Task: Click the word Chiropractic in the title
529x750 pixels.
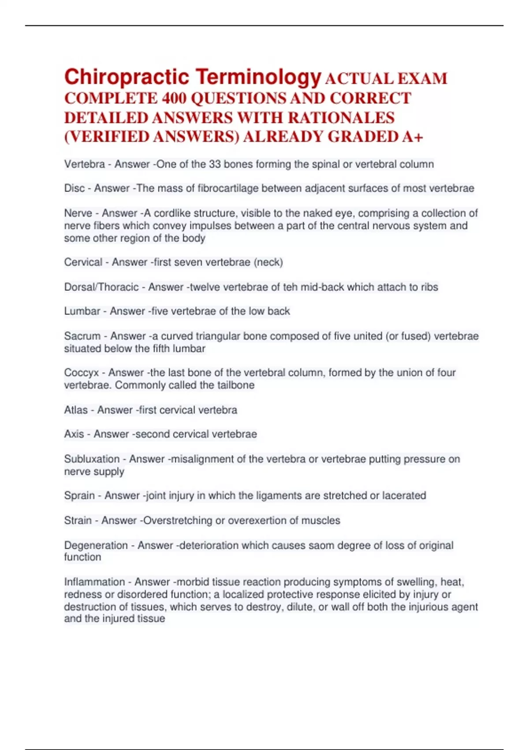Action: (127, 77)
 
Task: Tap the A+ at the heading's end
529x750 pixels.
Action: (413, 137)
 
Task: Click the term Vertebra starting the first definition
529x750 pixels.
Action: (85, 164)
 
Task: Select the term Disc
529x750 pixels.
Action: (75, 188)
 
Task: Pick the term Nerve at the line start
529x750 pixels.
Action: (78, 213)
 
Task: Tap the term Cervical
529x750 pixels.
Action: (83, 262)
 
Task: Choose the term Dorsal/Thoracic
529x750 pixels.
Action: (101, 287)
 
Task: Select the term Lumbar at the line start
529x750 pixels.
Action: (82, 311)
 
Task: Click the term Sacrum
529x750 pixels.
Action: (82, 336)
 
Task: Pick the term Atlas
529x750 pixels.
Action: (76, 410)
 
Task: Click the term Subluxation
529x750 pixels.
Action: (92, 459)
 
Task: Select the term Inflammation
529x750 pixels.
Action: (94, 582)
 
